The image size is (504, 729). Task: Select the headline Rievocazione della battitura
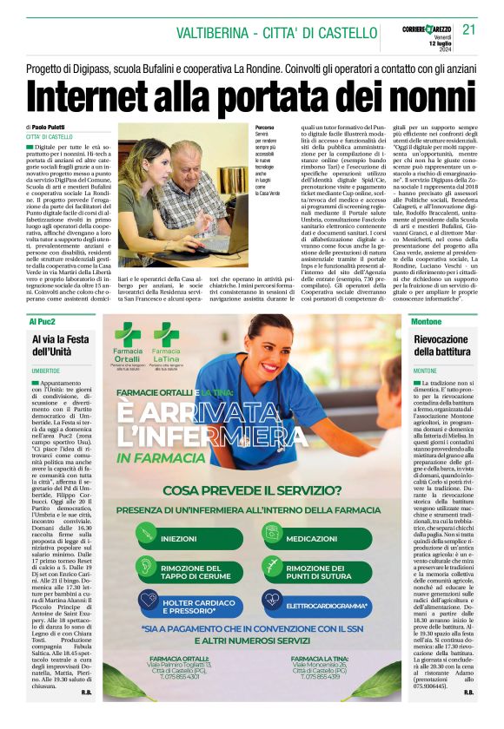[x=441, y=345]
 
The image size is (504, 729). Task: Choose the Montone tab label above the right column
[x=423, y=322]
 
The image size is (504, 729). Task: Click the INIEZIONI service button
[x=190, y=539]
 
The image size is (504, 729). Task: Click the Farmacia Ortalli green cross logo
[x=128, y=334]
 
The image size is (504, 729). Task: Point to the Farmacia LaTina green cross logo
[x=166, y=334]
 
